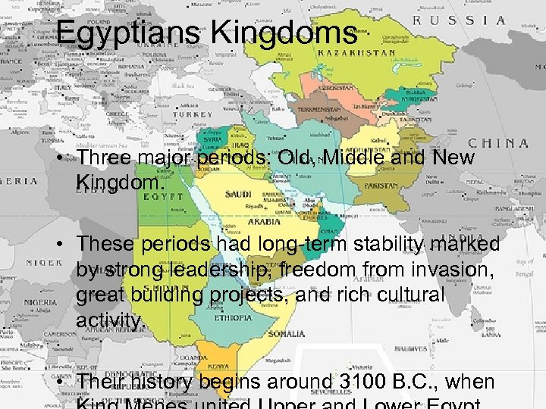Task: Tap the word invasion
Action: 458,270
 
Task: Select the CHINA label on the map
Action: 498,142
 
